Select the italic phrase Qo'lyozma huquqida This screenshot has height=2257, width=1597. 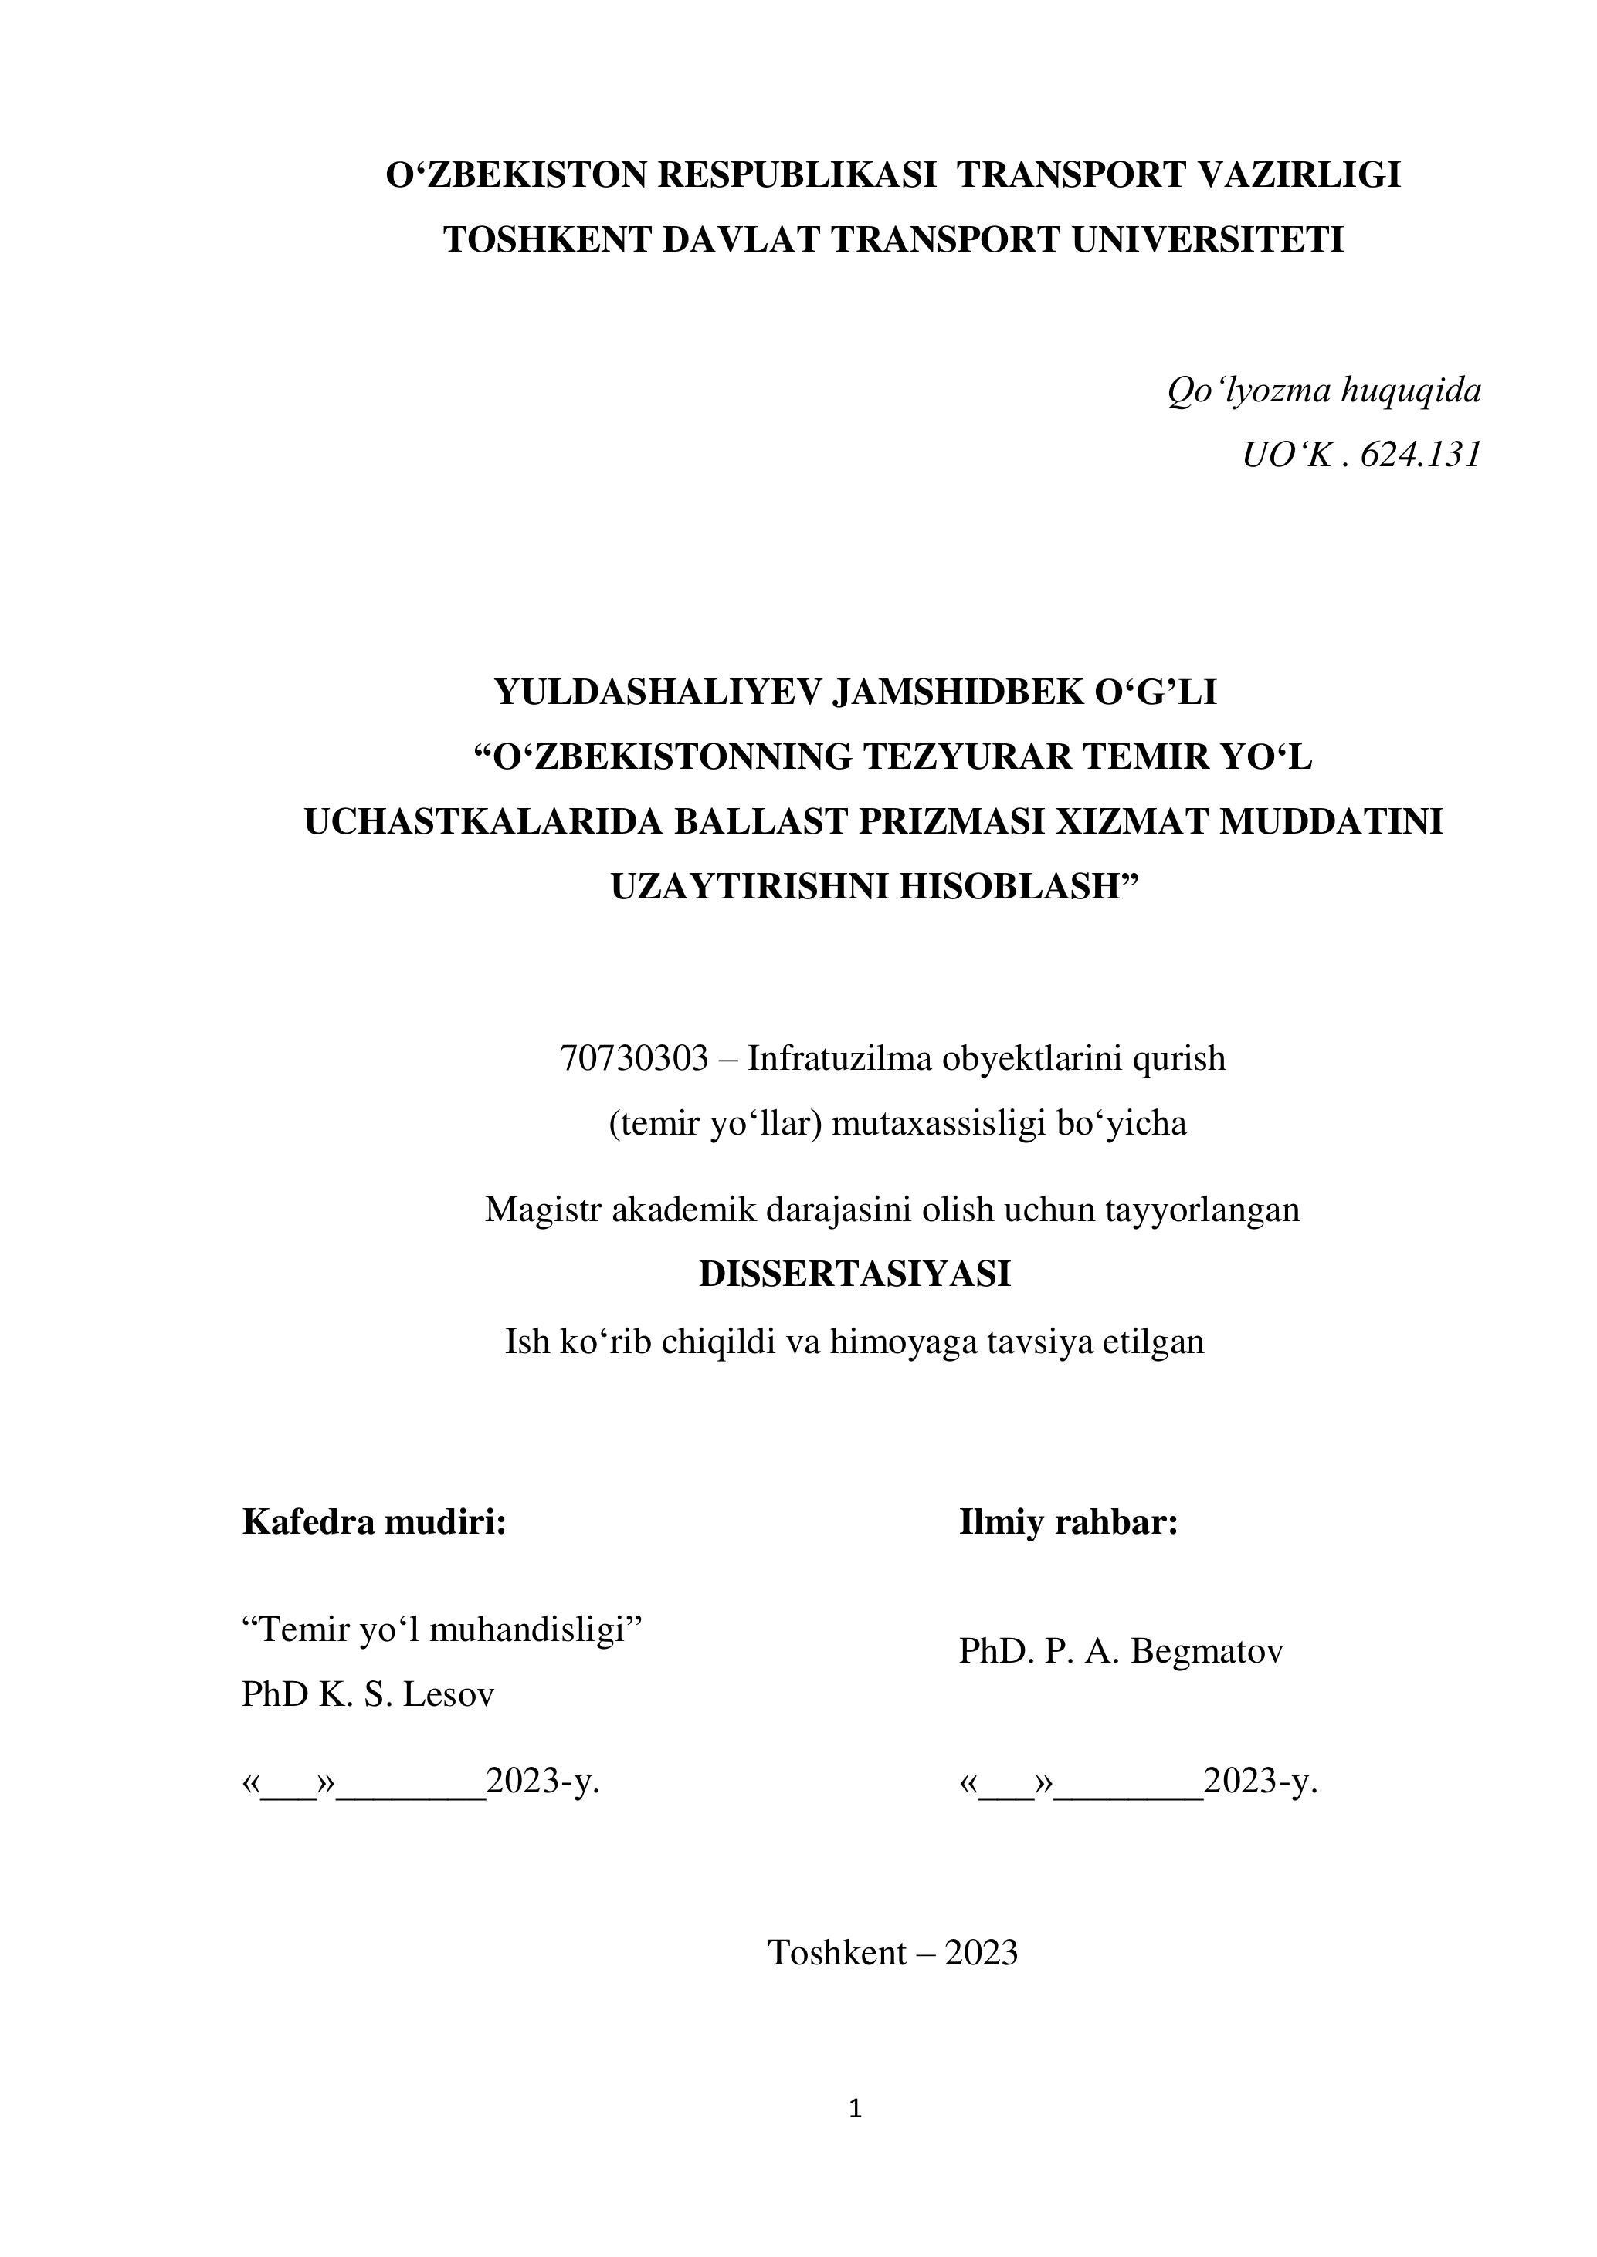(1324, 391)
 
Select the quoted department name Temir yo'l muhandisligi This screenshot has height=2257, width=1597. (442, 1629)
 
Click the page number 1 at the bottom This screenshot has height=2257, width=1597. (855, 2107)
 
